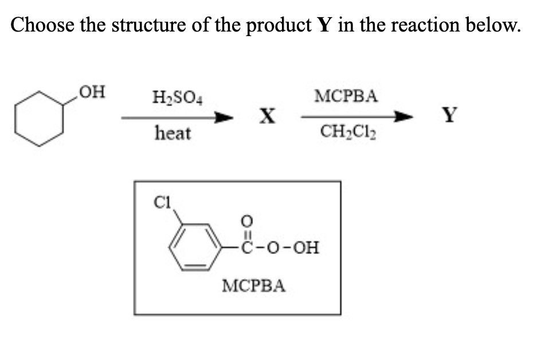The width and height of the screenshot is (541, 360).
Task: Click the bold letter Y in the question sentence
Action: coord(324,25)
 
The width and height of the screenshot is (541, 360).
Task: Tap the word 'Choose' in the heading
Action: coord(42,25)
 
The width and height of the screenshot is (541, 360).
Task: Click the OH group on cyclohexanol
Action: coord(92,92)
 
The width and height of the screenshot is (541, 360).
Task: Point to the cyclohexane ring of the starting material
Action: coord(15,119)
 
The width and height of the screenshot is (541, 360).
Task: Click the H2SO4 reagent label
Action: coord(177,97)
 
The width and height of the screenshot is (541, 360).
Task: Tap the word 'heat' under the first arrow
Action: coord(173,133)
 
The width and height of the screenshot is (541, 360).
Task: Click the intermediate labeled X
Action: coord(268,116)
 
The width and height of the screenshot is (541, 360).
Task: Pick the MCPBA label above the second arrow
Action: coord(346,96)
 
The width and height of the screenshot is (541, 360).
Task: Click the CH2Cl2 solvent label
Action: coord(348,132)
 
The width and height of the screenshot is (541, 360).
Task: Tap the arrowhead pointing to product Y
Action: coord(403,117)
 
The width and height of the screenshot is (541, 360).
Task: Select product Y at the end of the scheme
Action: coord(450,115)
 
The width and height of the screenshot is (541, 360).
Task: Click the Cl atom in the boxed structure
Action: coord(162,202)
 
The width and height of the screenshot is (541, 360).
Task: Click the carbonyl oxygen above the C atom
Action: coord(246,221)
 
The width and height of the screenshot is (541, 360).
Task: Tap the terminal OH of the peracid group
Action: coord(305,248)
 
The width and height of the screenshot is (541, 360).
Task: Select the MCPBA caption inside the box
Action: coord(254,286)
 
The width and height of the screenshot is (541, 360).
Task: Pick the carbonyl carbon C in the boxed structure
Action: coord(247,248)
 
